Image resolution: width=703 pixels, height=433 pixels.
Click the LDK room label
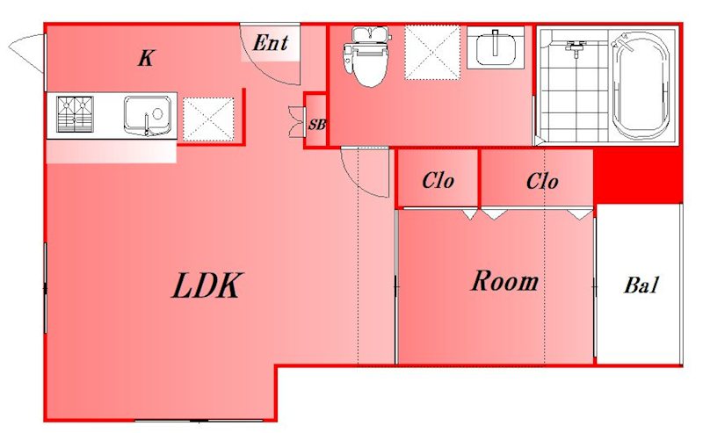[207, 285]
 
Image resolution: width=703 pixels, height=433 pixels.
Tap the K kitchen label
[146, 58]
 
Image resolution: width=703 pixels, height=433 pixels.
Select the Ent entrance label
[271, 42]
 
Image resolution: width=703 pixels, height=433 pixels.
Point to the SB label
[316, 124]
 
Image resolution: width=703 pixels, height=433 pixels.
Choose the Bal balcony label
[641, 285]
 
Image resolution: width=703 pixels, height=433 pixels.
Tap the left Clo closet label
[438, 181]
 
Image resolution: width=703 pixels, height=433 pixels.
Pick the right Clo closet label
[542, 181]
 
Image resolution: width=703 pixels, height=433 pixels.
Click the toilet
[365, 57]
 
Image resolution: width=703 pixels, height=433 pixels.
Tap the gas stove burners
[76, 114]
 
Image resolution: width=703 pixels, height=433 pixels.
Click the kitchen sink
[148, 115]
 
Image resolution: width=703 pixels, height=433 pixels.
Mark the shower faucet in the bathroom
[575, 47]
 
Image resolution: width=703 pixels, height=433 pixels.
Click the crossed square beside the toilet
[432, 53]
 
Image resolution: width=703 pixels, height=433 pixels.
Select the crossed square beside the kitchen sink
[208, 119]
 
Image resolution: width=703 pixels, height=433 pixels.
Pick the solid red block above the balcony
[638, 177]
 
